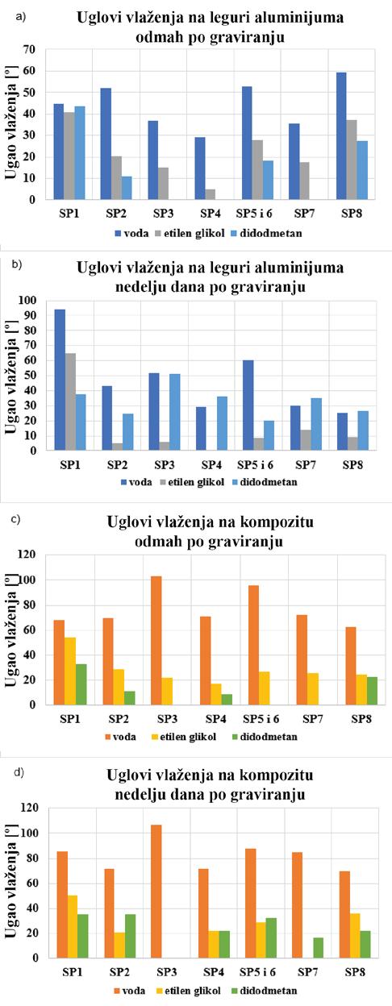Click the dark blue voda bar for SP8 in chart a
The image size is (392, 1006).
(x=341, y=135)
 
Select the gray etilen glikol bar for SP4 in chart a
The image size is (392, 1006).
(x=210, y=194)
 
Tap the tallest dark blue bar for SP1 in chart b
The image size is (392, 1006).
(x=60, y=380)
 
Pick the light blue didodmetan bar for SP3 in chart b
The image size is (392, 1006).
(x=174, y=412)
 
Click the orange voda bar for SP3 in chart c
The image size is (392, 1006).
(x=156, y=640)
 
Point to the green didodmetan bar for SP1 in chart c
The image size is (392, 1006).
(x=81, y=684)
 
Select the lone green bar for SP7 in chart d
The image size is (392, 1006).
(x=318, y=948)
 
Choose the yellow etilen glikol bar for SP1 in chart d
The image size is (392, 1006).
(x=73, y=926)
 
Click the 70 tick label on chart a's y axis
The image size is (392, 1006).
(x=30, y=49)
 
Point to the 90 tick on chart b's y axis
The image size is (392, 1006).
(x=30, y=315)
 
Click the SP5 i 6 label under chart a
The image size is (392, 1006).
(x=255, y=214)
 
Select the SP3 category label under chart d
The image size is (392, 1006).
(x=167, y=972)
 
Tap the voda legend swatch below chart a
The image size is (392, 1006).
(x=119, y=234)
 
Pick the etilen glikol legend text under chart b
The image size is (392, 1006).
(x=196, y=482)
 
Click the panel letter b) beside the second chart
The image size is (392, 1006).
(x=18, y=264)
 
